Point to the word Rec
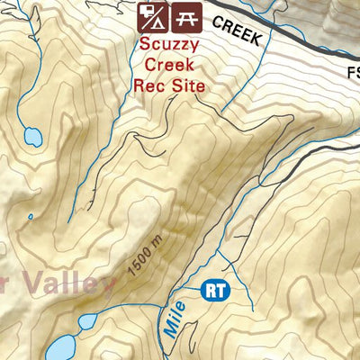(148, 86)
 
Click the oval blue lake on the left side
(32, 137)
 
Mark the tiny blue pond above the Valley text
(30, 216)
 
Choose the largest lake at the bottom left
(58, 348)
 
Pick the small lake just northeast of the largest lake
(88, 321)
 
